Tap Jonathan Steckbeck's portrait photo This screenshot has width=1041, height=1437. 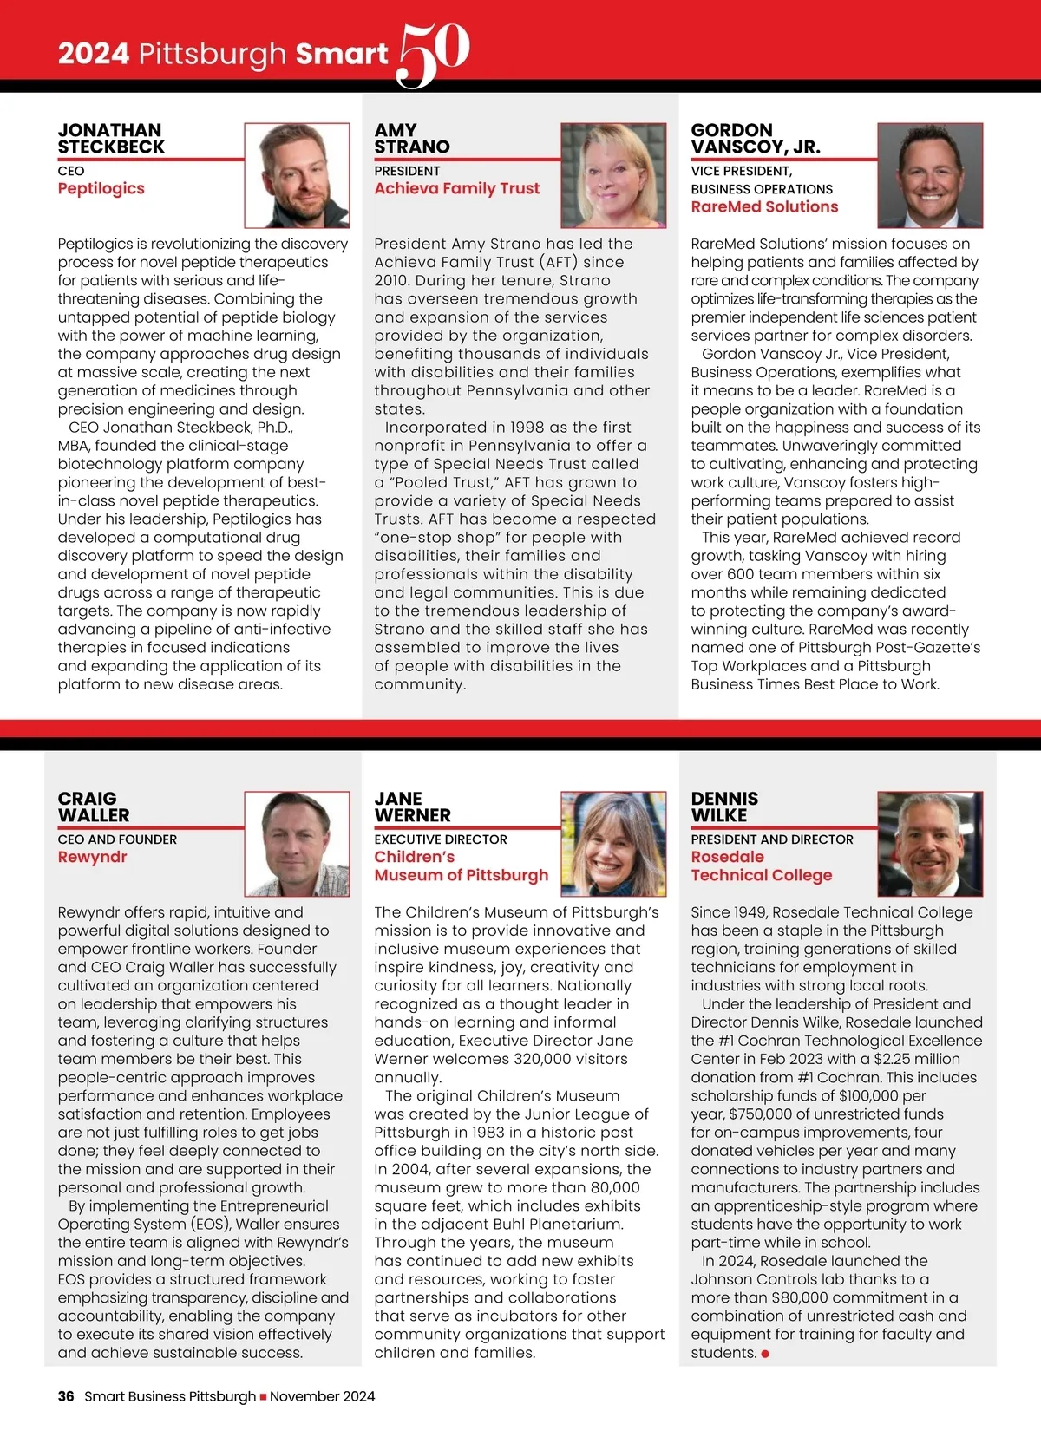(297, 175)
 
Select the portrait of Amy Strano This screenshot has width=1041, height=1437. (613, 175)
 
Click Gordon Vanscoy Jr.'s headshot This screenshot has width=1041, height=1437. (930, 175)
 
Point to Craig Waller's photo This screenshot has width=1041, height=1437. (297, 844)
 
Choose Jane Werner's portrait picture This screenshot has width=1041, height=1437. (613, 844)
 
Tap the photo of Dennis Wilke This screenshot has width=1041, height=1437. (930, 844)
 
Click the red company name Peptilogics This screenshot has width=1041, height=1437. (101, 189)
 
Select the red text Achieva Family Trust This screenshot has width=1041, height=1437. (456, 189)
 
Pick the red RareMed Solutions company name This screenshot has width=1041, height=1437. (764, 207)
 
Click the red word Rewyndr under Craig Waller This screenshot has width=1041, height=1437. (92, 858)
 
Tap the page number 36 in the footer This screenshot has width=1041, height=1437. (66, 1396)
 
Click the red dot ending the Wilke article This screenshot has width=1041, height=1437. (765, 1354)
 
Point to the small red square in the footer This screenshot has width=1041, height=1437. (263, 1397)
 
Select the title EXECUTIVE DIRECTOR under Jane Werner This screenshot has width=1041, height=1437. (441, 839)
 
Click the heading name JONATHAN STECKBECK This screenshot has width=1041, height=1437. (111, 139)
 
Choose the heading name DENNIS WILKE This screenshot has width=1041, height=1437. (724, 807)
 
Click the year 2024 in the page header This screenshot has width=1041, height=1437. (93, 54)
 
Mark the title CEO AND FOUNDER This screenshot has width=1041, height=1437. (117, 839)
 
